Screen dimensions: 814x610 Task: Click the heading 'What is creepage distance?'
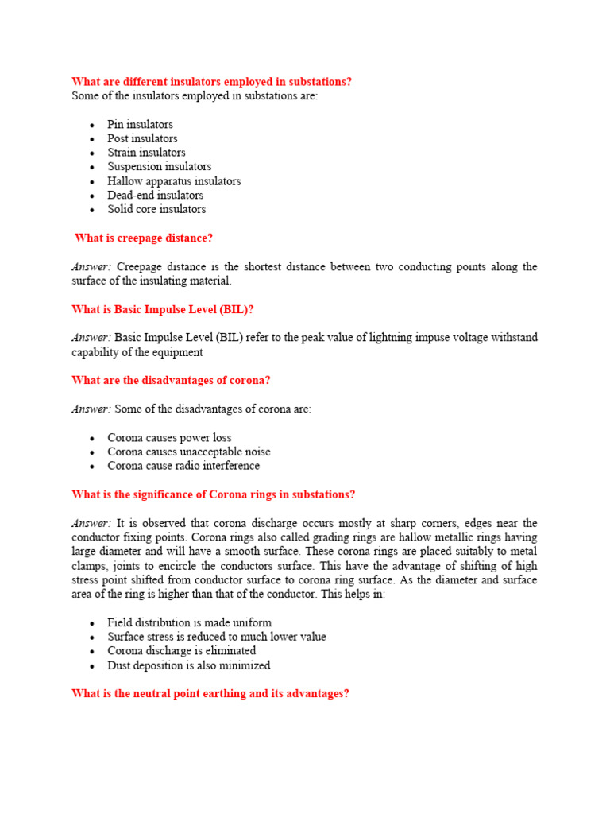144,238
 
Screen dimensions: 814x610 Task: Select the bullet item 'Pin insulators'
140,124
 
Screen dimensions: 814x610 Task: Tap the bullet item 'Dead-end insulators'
155,195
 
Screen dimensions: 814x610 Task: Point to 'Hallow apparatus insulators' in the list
174,180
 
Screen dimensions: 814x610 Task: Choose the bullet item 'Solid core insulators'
156,209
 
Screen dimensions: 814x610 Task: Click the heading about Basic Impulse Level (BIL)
162,309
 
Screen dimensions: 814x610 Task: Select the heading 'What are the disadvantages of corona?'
171,380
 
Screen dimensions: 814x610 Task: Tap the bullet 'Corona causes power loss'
169,437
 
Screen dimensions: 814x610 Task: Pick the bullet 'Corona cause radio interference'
183,466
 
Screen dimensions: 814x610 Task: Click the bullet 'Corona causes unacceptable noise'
189,452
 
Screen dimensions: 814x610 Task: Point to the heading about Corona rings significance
213,494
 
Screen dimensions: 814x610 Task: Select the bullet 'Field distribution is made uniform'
189,622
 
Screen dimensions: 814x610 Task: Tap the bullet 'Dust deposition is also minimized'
189,665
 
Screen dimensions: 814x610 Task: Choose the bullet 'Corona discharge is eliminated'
182,651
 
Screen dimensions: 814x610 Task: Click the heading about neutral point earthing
210,693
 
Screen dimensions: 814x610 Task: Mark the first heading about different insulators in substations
211,82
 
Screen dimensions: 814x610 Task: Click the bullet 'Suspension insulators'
159,166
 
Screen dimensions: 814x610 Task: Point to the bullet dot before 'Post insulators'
92,139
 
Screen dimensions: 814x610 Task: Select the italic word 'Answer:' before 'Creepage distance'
91,266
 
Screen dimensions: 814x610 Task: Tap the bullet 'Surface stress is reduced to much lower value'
217,637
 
